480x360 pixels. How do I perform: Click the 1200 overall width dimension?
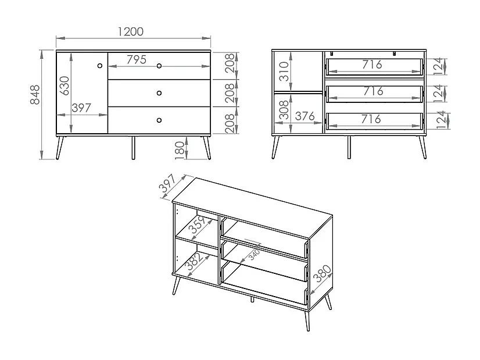[x=130, y=32]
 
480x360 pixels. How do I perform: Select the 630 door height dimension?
[x=65, y=85]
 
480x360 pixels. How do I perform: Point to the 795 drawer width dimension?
[x=137, y=59]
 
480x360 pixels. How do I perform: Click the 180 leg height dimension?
[x=179, y=149]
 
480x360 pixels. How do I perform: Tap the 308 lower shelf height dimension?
[x=283, y=112]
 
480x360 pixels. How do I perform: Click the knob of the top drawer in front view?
[x=159, y=65]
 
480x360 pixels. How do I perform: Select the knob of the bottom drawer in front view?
[x=159, y=120]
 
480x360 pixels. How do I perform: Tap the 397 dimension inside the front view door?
[x=83, y=108]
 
